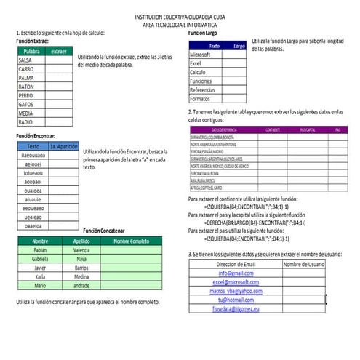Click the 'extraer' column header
point(60,52)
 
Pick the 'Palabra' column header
point(31,52)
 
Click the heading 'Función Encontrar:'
point(35,136)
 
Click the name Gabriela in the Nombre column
point(40,258)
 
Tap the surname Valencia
point(81,249)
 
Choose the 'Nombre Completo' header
point(131,241)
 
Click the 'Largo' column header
point(239,46)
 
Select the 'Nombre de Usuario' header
point(303,264)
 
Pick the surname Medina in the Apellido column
point(81,276)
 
